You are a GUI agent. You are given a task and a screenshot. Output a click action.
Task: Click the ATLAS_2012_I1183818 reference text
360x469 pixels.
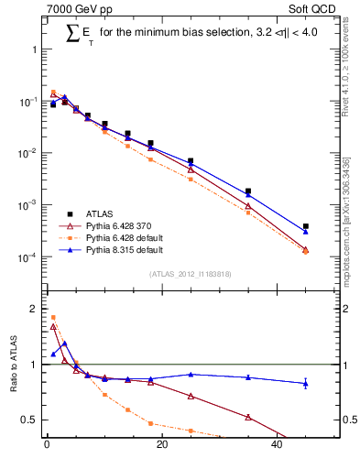(190, 273)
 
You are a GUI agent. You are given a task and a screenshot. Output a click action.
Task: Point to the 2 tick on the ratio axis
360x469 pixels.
(35, 310)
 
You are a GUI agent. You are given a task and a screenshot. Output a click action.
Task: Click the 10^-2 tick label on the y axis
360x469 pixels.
(28, 153)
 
